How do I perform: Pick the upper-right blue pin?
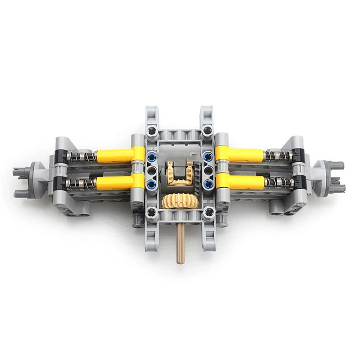click(x=208, y=157)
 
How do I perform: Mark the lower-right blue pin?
click(x=208, y=184)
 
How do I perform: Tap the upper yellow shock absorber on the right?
click(x=241, y=155)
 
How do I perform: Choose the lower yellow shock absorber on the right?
click(x=241, y=181)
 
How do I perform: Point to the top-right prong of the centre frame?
click(x=207, y=115)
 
